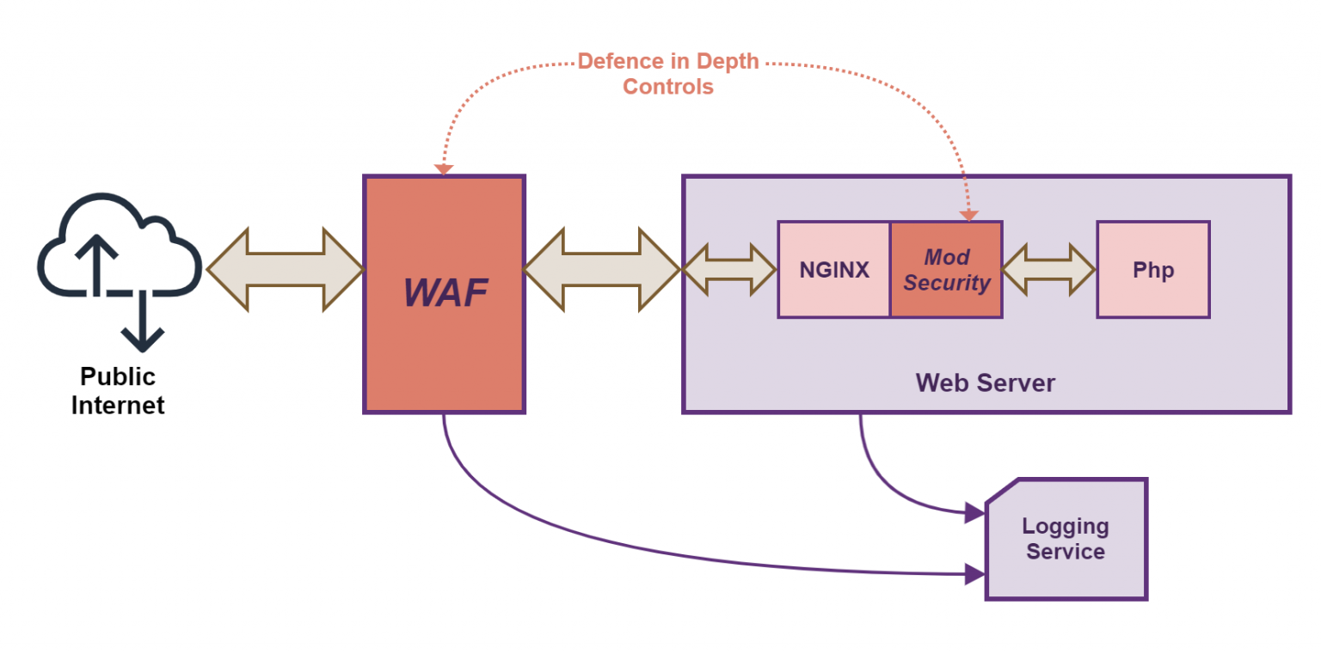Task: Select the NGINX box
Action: coord(833,270)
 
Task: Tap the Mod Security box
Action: coord(946,270)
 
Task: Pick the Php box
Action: coord(1152,270)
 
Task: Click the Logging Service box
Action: coord(1066,539)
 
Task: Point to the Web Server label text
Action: coord(985,382)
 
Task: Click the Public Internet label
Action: coord(118,390)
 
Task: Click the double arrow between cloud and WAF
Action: coord(285,270)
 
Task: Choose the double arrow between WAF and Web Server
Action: coord(602,270)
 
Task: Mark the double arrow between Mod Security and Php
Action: coord(1048,270)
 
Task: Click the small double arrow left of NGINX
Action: coord(729,270)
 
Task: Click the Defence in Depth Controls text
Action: coord(668,74)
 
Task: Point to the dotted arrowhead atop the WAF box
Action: coord(444,169)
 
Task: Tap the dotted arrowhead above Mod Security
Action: coord(969,215)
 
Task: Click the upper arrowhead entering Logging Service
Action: coord(974,513)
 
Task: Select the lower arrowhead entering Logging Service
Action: coord(974,573)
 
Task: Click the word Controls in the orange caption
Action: coord(668,87)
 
